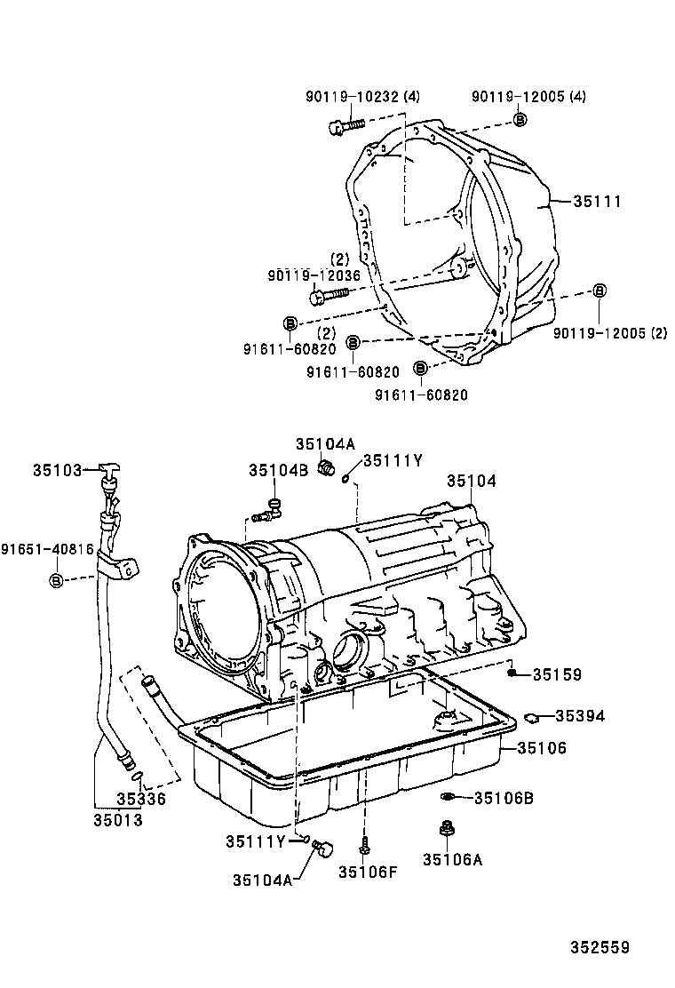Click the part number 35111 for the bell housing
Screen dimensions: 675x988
pos(597,202)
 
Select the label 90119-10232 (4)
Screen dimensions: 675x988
pos(362,97)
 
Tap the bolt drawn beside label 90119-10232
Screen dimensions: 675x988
pos(345,125)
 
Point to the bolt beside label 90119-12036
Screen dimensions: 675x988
pos(329,294)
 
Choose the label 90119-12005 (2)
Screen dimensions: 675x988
pos(610,333)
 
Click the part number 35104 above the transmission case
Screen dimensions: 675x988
pos(472,482)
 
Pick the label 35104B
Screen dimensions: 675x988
pos(278,470)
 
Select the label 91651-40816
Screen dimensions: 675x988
pos(47,549)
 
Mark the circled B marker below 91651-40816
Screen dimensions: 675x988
pos(56,580)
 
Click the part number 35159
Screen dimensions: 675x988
pos(557,675)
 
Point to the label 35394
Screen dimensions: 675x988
pos(580,716)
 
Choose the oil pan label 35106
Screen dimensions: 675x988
pos(542,748)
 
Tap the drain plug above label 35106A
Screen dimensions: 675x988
pos(447,830)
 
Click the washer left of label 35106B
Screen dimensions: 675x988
pos(447,797)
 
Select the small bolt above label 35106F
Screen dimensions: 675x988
pos(364,845)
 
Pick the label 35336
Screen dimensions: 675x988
pos(141,799)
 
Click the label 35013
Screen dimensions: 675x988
pos(118,820)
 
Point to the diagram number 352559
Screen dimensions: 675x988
pos(600,948)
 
